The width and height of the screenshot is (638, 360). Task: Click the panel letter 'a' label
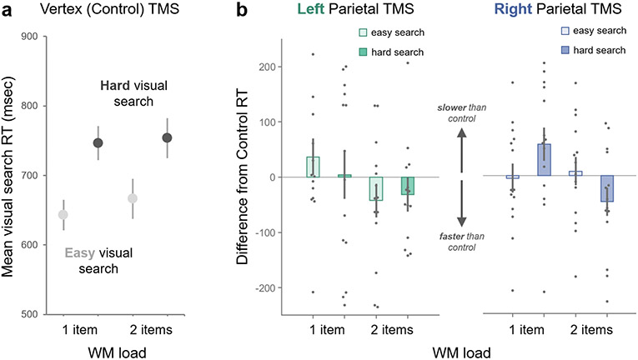[x=8, y=12]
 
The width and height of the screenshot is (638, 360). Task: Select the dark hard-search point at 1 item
[x=98, y=142]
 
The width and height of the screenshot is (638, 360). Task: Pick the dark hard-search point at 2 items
[x=167, y=137]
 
